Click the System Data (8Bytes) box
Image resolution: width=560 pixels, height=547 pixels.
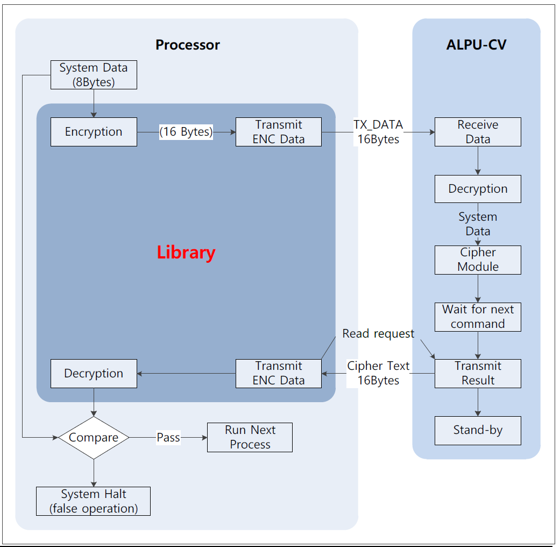coord(94,75)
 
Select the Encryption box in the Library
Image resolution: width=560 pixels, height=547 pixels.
coord(94,132)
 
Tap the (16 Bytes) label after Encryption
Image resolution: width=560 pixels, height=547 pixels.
coord(186,132)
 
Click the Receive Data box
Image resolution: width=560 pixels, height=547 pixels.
coord(478,132)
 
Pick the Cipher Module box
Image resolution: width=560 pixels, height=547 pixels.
coord(478,260)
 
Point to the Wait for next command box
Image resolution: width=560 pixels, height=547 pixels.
coord(478,317)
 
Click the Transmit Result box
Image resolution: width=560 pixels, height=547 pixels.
coord(478,373)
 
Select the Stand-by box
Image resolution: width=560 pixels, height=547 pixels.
coord(478,430)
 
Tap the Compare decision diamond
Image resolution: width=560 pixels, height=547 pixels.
coord(94,438)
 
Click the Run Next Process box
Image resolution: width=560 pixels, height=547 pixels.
coord(250,437)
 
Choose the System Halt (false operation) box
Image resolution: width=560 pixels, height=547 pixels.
coord(93,501)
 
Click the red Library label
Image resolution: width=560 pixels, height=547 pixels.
coord(186,253)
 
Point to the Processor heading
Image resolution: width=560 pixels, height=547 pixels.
coord(187,45)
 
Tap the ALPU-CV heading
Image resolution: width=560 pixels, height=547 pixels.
coord(476,45)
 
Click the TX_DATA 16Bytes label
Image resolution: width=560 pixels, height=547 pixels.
coord(378,132)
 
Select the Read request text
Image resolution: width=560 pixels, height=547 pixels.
coord(378,334)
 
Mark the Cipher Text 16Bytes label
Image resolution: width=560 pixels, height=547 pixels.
coord(378,373)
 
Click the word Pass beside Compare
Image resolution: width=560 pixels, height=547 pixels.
coord(168,438)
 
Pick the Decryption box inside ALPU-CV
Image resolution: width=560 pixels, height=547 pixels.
coord(478,189)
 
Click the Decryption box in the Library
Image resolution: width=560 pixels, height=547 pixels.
coord(94,374)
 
